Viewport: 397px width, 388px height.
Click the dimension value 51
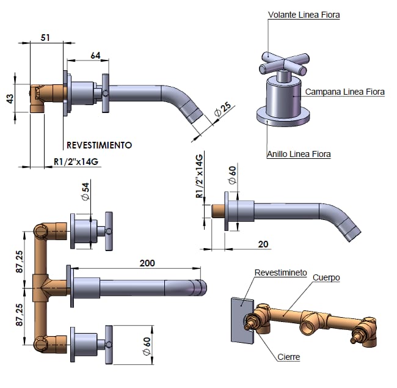point(45,38)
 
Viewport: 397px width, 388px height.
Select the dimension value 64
point(95,55)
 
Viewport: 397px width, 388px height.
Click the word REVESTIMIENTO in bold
point(99,145)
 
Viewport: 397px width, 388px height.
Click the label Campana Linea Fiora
point(345,92)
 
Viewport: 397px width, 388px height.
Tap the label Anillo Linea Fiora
point(299,154)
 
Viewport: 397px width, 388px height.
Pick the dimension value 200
point(147,263)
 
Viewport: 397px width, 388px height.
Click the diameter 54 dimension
point(86,191)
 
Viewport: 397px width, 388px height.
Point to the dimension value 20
point(263,243)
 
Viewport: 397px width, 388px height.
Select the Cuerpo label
point(326,277)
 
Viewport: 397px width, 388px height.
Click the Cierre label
point(288,357)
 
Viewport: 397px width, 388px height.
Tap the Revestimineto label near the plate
point(281,273)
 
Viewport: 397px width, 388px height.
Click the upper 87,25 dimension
point(20,261)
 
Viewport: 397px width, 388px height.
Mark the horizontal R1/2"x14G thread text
point(76,162)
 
